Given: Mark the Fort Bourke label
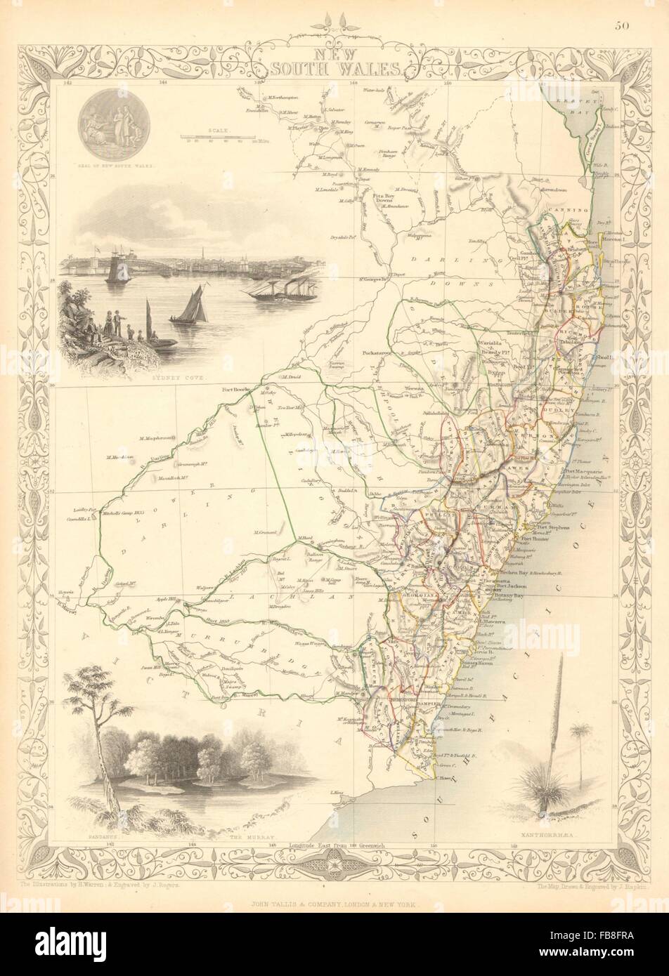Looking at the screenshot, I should click(x=236, y=390).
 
